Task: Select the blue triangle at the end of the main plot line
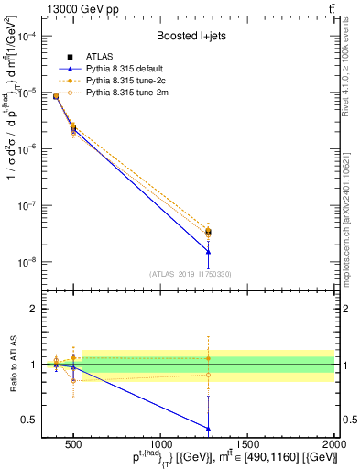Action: pyautogui.click(x=208, y=252)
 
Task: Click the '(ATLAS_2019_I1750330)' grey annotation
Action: pyautogui.click(x=190, y=274)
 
